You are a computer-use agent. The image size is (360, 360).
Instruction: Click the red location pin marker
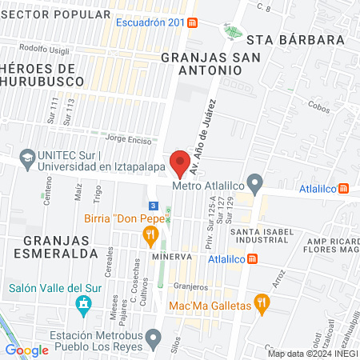click(x=181, y=162)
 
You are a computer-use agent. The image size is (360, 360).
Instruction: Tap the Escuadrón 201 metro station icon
click(x=194, y=23)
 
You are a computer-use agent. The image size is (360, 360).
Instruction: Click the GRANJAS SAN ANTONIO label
click(x=201, y=63)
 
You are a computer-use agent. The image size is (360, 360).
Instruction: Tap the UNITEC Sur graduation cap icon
click(x=26, y=158)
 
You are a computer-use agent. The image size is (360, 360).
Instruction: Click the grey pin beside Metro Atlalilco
click(x=254, y=185)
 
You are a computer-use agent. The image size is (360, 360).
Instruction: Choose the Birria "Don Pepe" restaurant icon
click(x=148, y=234)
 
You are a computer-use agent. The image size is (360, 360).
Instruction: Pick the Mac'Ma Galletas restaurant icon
click(x=261, y=303)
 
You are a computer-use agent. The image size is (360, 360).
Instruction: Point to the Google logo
click(x=27, y=350)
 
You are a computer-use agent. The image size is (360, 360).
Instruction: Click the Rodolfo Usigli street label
click(x=42, y=48)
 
